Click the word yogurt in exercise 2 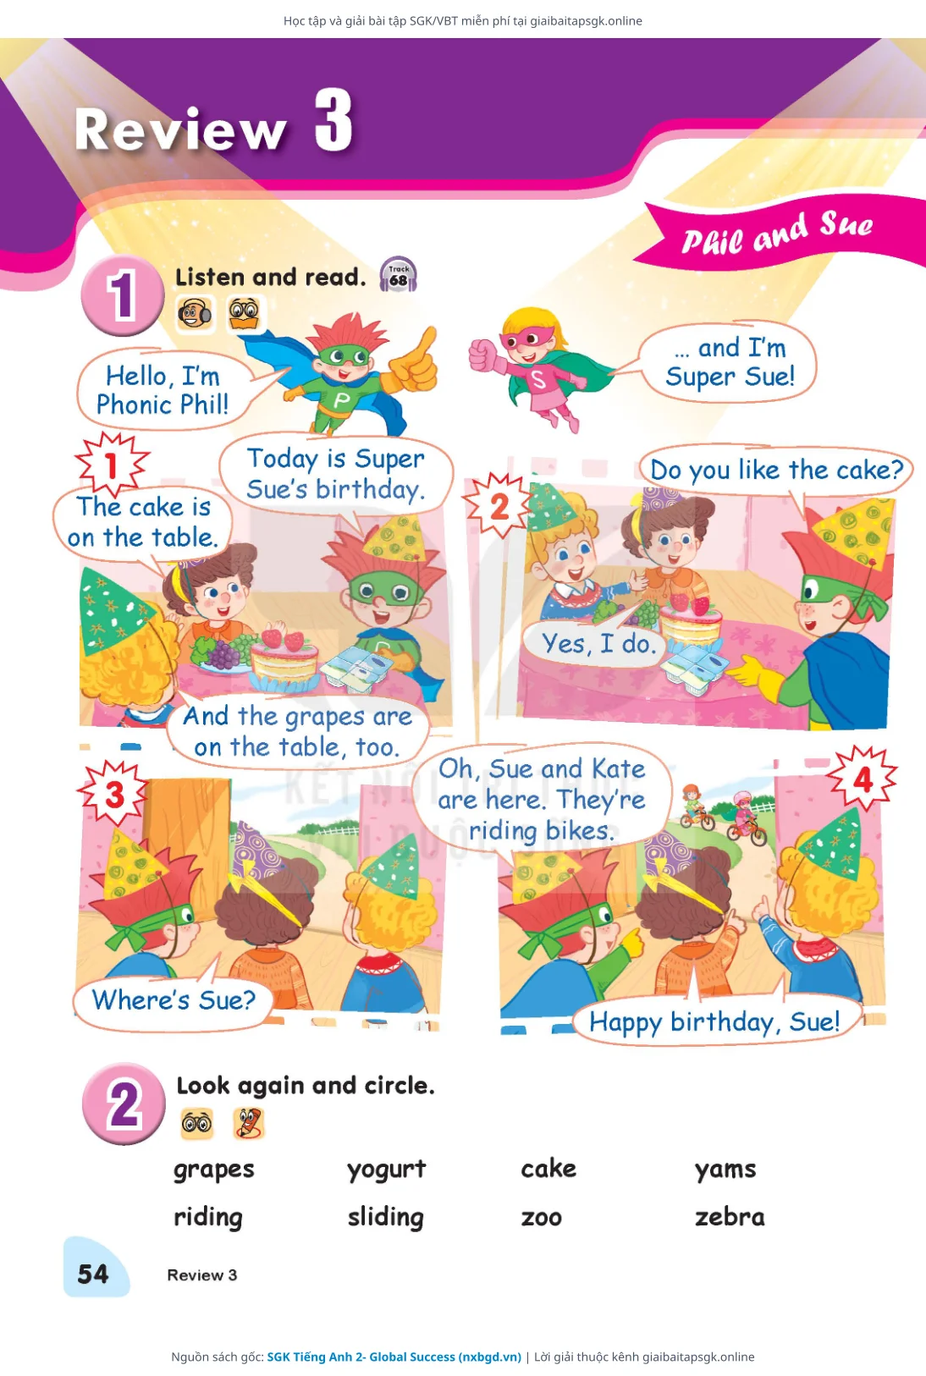tap(387, 1169)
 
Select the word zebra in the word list tap(730, 1216)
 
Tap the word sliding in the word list tap(386, 1218)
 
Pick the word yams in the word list tap(725, 1169)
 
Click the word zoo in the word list tap(542, 1218)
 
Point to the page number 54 tap(93, 1274)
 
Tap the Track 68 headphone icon tap(398, 274)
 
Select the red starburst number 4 tap(863, 779)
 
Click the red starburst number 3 tap(114, 795)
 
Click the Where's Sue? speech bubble tap(174, 1000)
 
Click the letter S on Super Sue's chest tap(538, 379)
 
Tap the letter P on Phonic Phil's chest tap(342, 400)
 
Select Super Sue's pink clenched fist tap(483, 355)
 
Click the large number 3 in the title tap(334, 120)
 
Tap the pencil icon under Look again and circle tap(249, 1124)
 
